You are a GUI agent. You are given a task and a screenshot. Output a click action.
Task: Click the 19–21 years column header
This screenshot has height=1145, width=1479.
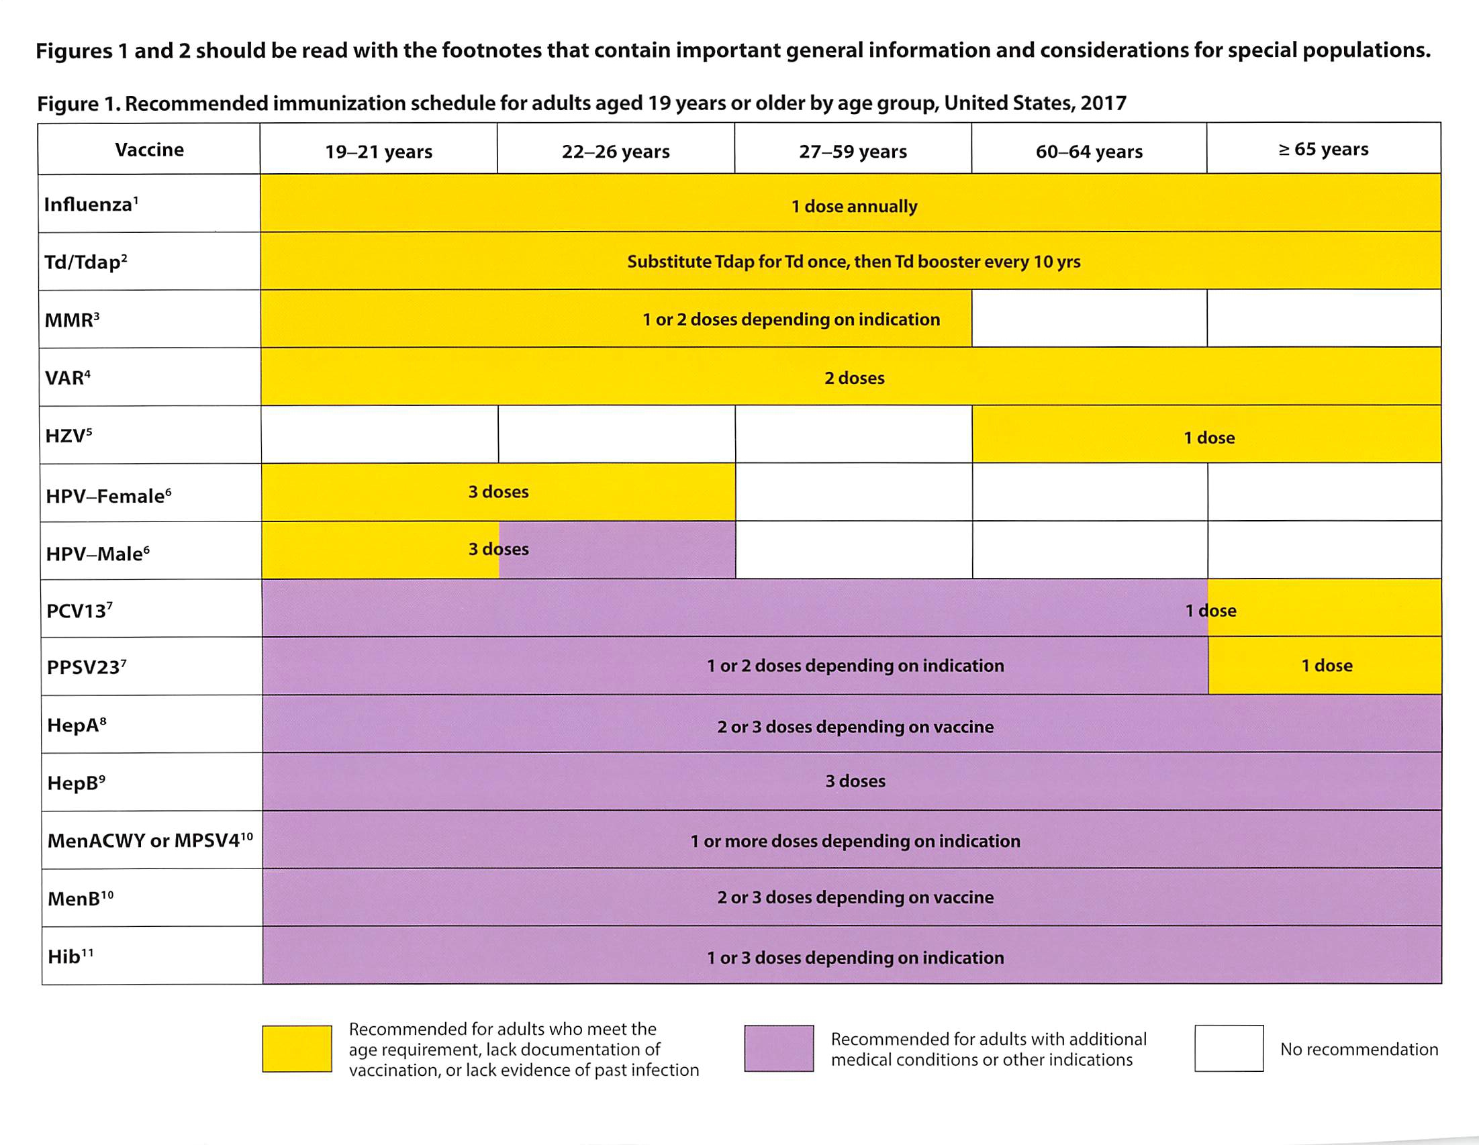point(379,151)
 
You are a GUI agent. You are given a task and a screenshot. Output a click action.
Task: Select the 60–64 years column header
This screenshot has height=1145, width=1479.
point(1089,151)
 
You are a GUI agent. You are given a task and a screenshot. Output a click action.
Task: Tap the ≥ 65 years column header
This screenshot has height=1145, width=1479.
point(1323,149)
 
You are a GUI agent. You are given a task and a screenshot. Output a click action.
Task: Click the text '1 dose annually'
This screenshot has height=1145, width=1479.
point(854,206)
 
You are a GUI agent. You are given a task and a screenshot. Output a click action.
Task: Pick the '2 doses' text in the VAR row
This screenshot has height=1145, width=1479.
point(854,378)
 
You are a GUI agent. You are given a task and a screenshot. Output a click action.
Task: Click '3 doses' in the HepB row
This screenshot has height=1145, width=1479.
point(855,781)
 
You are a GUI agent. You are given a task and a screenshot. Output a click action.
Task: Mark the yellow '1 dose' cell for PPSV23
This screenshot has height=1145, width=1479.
point(1326,666)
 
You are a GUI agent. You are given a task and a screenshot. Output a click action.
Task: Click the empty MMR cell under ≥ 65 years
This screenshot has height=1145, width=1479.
point(1323,319)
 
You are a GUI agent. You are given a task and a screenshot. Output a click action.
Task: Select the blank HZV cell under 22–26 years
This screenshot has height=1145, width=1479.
point(616,435)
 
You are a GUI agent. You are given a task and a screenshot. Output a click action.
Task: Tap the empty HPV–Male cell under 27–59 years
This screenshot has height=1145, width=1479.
point(853,550)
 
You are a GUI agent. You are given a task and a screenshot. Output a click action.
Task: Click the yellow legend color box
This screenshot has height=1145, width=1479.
point(297,1048)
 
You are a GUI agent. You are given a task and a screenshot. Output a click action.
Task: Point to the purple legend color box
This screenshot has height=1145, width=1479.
point(779,1048)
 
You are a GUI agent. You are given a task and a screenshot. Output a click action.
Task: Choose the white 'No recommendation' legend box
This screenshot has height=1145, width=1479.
point(1229,1048)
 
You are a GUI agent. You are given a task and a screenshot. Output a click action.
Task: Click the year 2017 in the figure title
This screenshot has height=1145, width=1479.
point(1103,103)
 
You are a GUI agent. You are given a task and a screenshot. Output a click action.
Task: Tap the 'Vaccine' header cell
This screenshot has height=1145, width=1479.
point(149,149)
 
